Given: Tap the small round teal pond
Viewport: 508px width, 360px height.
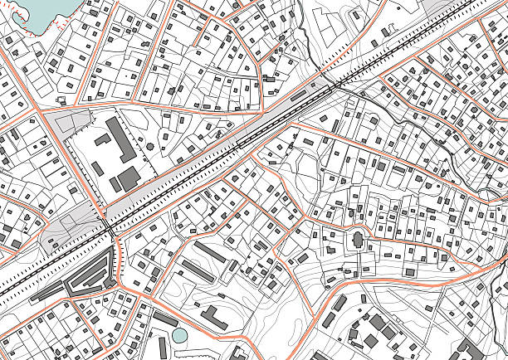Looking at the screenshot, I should pyautogui.click(x=179, y=336).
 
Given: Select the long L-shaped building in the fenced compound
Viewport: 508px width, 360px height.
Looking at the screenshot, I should pyautogui.click(x=122, y=141).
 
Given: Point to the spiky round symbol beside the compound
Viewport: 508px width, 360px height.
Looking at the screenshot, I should pyautogui.click(x=150, y=145).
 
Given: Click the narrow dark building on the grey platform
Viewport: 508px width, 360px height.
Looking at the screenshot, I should pyautogui.click(x=298, y=96).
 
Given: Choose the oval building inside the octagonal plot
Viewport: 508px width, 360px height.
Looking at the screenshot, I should pyautogui.click(x=358, y=241).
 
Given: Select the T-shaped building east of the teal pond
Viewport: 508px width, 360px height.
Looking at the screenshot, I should pyautogui.click(x=213, y=316).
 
